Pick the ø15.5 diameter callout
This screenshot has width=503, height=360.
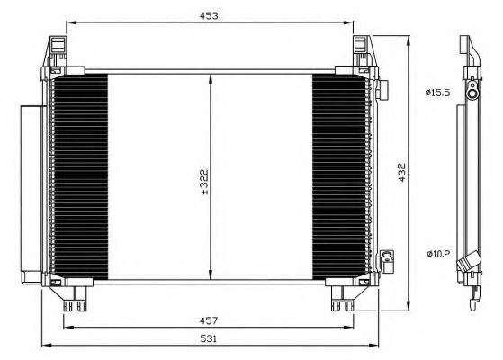point(437,92)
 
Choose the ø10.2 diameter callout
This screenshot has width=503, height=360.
point(437,253)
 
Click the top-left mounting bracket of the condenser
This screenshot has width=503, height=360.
point(57,50)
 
